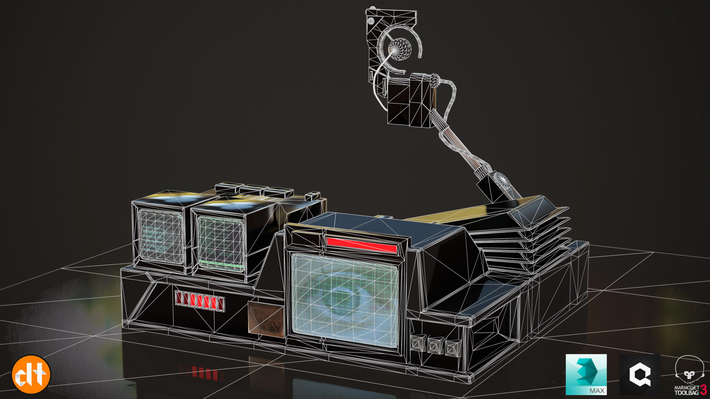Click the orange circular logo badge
coord(31,374)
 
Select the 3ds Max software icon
coord(586,374)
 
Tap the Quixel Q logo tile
coord(639,374)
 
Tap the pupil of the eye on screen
coord(342,299)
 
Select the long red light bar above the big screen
coord(362,245)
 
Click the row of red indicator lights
coord(200,301)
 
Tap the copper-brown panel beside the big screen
coord(266,318)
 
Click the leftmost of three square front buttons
coord(418,343)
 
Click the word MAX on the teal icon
coord(596,391)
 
